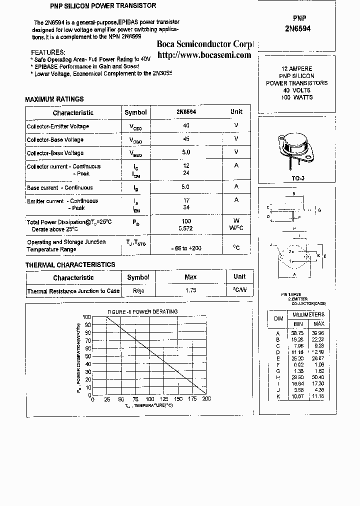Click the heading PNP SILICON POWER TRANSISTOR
(x=96, y=6)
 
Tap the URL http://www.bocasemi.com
(x=204, y=54)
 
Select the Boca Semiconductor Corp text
(x=205, y=44)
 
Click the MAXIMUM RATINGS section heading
(x=54, y=99)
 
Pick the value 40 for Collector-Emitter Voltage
(x=186, y=125)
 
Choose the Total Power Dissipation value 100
(x=186, y=220)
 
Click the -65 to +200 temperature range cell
(x=186, y=248)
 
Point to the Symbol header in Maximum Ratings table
(x=136, y=112)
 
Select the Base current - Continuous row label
(x=60, y=187)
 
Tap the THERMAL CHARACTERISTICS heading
(x=70, y=264)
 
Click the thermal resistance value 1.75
(x=190, y=290)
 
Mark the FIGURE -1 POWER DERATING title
(x=142, y=311)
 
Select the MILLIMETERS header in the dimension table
(x=308, y=314)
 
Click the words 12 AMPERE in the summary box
(x=297, y=68)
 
